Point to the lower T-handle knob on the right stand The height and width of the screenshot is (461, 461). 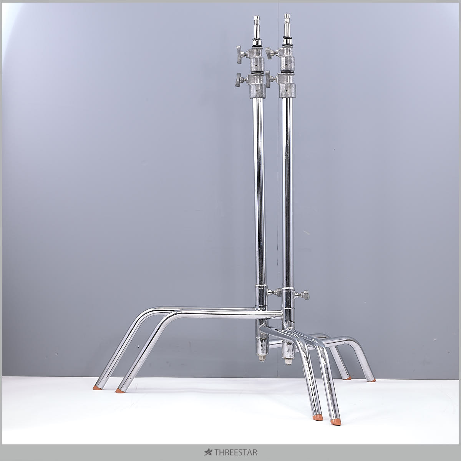[270, 78]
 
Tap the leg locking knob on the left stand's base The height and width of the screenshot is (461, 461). [275, 292]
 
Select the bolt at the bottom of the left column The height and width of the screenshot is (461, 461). [262, 358]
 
